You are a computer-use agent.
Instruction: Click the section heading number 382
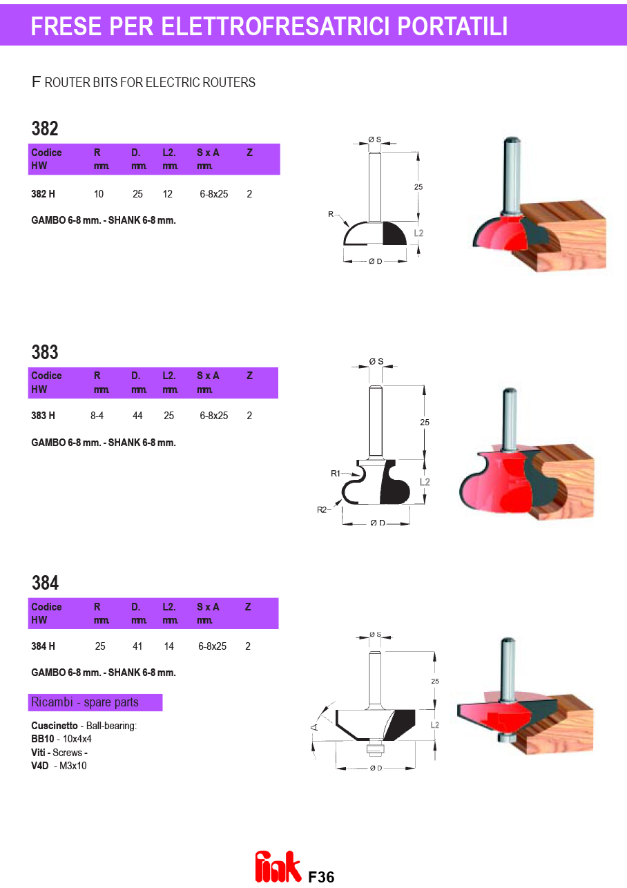45,128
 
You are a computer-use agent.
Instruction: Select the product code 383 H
44,416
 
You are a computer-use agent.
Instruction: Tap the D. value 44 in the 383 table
137,416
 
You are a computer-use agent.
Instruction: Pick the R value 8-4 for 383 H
97,416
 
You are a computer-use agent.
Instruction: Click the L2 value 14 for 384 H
169,646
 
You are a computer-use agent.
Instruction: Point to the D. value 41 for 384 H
137,646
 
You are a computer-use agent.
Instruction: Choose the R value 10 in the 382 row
99,194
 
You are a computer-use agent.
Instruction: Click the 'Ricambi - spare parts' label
85,702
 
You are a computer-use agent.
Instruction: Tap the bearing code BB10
42,739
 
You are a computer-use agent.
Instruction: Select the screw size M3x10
73,766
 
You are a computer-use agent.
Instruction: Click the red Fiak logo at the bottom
278,866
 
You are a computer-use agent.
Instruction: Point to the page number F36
321,877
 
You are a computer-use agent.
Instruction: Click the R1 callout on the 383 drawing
336,473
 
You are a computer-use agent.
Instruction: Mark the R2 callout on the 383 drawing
321,510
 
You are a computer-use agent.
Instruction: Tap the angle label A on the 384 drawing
314,727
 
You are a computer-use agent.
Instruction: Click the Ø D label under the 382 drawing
376,261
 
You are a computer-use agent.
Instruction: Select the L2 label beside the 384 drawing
435,724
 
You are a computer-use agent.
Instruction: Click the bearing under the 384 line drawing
376,748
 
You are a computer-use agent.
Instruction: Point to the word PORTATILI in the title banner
452,26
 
